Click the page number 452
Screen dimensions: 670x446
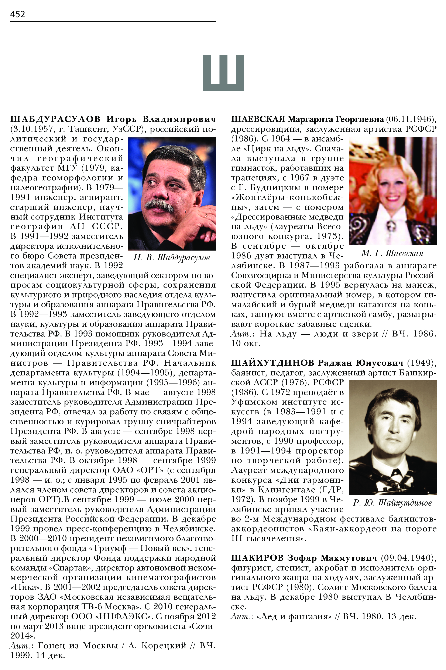18,14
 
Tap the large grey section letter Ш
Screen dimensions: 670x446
223,73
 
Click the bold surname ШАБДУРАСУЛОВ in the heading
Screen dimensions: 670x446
55,119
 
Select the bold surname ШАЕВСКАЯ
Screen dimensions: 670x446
258,119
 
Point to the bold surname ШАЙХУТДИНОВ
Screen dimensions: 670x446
273,363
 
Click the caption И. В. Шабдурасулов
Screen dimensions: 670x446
172,258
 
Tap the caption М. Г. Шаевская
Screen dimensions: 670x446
392,253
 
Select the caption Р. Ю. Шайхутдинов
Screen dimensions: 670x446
392,503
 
